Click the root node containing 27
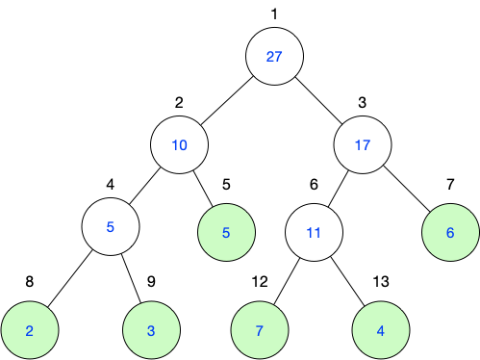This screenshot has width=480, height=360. click(x=274, y=56)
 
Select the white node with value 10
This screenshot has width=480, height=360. click(x=180, y=144)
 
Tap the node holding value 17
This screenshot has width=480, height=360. click(x=363, y=144)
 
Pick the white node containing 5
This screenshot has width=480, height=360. click(x=111, y=226)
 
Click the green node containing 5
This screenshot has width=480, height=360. click(x=226, y=232)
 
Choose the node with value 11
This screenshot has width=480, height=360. click(x=314, y=232)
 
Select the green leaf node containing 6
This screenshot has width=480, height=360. click(x=450, y=232)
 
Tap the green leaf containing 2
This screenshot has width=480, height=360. click(x=30, y=330)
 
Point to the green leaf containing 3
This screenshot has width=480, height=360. click(x=151, y=330)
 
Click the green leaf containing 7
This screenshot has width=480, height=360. click(x=260, y=330)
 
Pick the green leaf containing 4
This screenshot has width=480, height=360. click(x=381, y=330)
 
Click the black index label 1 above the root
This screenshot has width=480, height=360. click(x=274, y=14)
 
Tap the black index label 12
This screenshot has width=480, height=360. click(x=260, y=282)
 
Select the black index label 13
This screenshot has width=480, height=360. click(x=381, y=282)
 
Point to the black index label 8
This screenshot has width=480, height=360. click(x=30, y=282)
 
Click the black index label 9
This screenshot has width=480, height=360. click(x=151, y=282)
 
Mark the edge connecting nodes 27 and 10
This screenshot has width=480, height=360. click(x=227, y=100)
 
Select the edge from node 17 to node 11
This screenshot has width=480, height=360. click(x=338, y=189)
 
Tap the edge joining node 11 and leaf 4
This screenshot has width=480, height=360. click(x=348, y=281)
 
